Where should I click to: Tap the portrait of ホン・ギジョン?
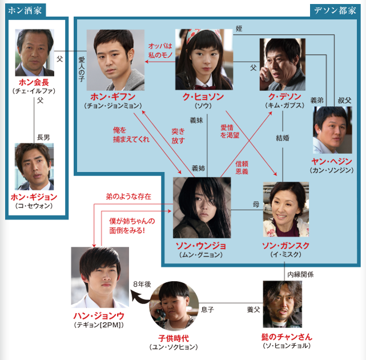tap(34, 166)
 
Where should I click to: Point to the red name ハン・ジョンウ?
tap(100, 315)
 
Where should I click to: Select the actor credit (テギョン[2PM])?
tap(100, 325)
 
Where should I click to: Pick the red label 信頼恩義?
tap(243, 167)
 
